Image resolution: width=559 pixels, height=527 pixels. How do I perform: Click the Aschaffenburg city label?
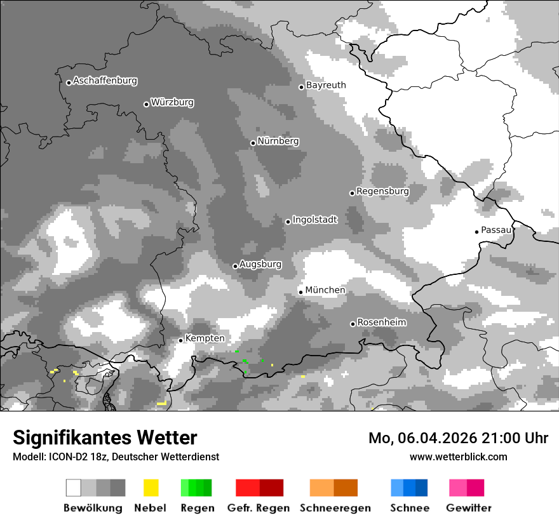click(105, 81)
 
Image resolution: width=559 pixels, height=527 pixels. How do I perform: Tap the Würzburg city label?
click(172, 102)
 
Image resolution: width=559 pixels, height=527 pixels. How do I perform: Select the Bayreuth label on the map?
click(326, 85)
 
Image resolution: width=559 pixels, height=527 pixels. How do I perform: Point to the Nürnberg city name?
click(278, 142)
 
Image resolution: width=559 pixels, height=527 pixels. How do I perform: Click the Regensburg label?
click(382, 191)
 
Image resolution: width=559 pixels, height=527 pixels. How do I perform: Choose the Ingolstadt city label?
click(315, 220)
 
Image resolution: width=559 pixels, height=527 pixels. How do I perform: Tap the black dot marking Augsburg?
click(235, 266)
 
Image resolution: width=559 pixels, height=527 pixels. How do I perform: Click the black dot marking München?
click(301, 292)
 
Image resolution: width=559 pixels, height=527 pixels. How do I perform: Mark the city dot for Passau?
click(476, 232)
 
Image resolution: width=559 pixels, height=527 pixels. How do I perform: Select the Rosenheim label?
click(381, 323)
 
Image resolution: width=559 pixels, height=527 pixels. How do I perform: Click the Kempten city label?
click(205, 338)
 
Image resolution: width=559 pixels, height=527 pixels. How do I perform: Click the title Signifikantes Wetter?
click(105, 437)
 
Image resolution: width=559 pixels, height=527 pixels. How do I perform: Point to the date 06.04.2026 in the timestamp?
click(429, 438)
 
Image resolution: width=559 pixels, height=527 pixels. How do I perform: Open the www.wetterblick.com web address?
click(459, 457)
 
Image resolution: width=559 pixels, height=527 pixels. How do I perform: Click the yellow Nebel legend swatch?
click(151, 488)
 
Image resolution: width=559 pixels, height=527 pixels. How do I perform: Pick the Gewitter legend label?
click(469, 508)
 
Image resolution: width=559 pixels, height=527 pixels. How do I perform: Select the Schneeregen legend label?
click(335, 508)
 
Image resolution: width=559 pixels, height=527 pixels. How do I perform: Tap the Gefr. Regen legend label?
click(259, 508)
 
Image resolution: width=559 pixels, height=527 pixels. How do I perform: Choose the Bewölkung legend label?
click(93, 508)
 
